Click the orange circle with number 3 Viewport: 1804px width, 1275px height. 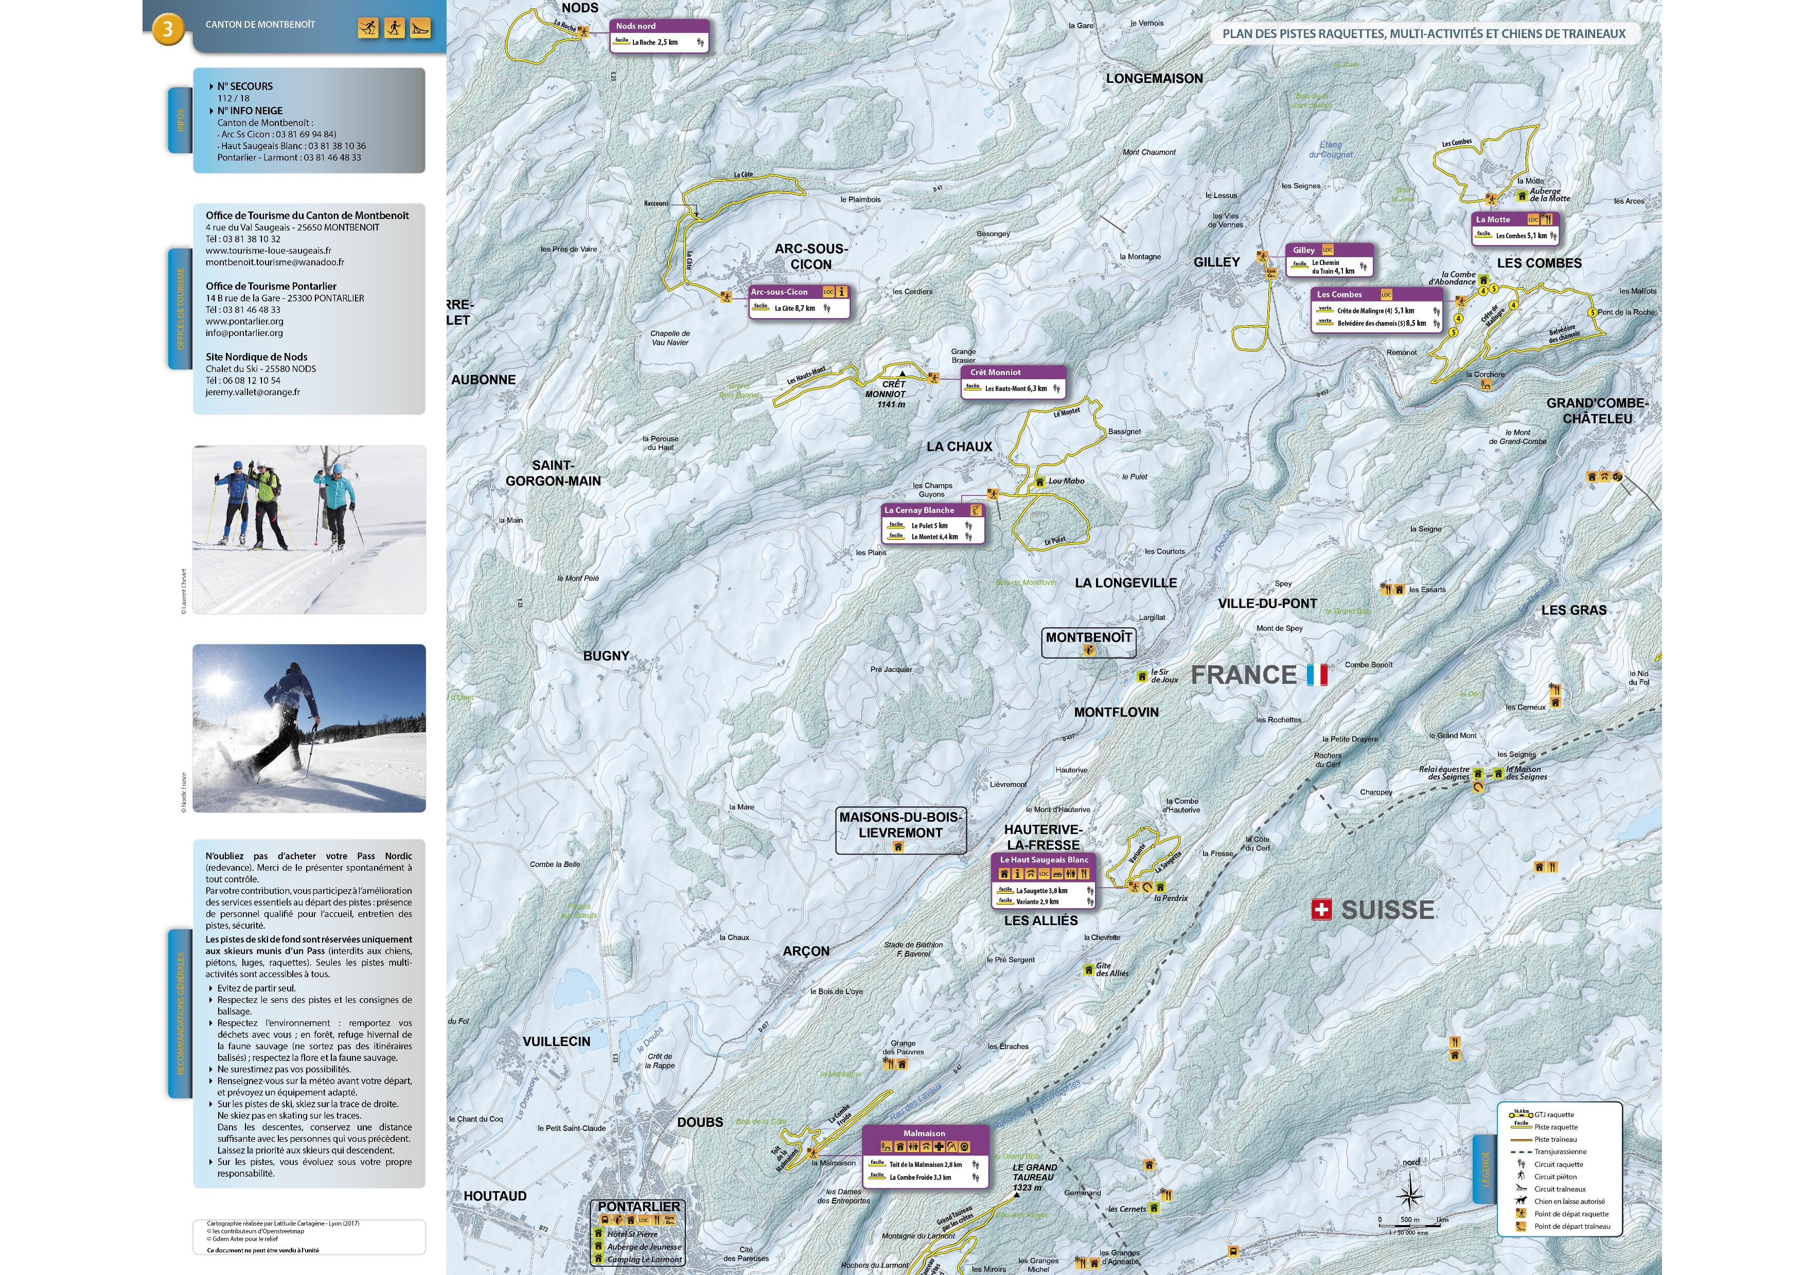[x=167, y=30]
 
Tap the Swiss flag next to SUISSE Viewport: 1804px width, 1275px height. [x=1321, y=910]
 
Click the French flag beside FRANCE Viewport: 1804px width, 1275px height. [x=1317, y=675]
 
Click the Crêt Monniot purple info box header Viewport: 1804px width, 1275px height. [x=1013, y=373]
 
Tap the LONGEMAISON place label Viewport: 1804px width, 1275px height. [x=1154, y=79]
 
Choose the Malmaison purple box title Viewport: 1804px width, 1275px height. [x=924, y=1134]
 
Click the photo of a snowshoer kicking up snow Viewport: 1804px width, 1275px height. [x=309, y=728]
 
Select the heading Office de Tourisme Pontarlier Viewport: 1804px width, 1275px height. [x=271, y=287]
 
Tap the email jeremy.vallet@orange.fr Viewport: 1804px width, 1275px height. [x=252, y=392]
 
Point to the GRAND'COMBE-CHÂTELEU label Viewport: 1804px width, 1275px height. [x=1597, y=411]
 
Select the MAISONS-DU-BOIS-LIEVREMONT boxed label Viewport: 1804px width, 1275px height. [x=899, y=825]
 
